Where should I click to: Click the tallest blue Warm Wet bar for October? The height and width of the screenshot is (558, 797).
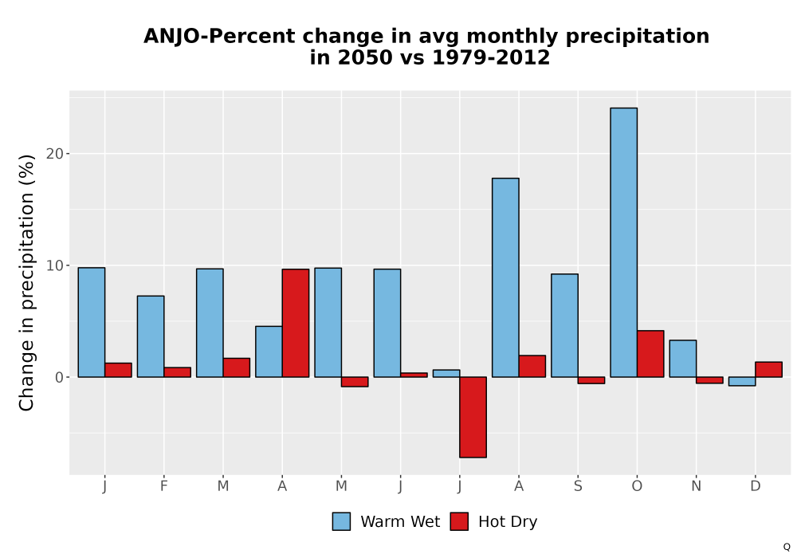pos(624,242)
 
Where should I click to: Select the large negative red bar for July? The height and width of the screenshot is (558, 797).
pos(473,417)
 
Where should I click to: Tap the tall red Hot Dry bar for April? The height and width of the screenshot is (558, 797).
pos(296,323)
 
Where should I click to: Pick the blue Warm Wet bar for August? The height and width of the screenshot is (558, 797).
pos(505,277)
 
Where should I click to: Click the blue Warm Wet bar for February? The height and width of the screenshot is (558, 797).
pos(151,336)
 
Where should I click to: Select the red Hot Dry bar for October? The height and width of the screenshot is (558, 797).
pos(650,354)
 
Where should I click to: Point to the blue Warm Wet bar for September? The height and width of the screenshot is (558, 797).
pos(565,325)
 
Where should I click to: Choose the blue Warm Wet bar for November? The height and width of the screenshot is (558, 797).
pos(683,358)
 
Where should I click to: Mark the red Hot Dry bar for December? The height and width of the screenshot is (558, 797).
pos(768,369)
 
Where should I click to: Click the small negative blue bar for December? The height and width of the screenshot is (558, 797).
pos(742,381)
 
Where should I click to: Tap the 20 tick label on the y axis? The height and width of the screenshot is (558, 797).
pos(55,154)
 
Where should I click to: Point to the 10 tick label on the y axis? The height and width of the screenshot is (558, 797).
pos(55,265)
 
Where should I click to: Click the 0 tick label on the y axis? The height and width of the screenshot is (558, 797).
pos(60,377)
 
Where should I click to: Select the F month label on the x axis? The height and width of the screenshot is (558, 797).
pos(163,486)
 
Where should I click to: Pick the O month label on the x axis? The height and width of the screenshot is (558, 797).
pos(637,486)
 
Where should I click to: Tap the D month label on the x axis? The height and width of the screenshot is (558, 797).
pos(756,486)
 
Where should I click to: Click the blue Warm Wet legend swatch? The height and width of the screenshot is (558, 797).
pos(342,521)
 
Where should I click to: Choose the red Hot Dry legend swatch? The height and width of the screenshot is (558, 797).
pos(459,521)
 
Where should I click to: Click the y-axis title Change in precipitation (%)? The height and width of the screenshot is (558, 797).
pos(26,282)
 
